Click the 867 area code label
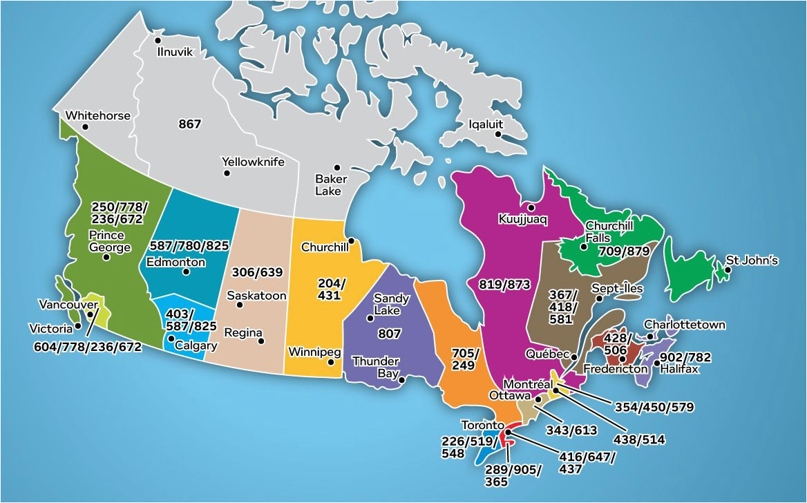click(x=189, y=124)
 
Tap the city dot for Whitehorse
click(x=86, y=127)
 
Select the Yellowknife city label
click(x=254, y=162)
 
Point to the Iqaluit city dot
click(x=497, y=135)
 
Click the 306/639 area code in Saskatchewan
click(x=257, y=272)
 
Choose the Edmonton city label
click(x=175, y=262)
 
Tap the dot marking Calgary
click(x=171, y=339)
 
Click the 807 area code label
click(x=390, y=333)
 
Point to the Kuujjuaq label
click(x=522, y=219)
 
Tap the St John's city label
click(x=752, y=260)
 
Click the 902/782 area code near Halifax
click(x=685, y=357)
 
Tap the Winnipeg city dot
click(x=331, y=361)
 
